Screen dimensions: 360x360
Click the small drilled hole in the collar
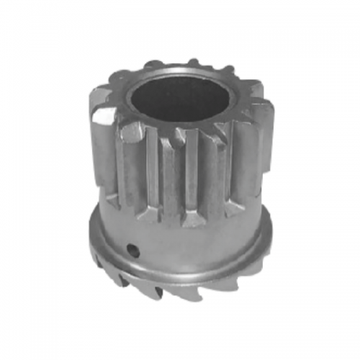coord(131,249)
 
